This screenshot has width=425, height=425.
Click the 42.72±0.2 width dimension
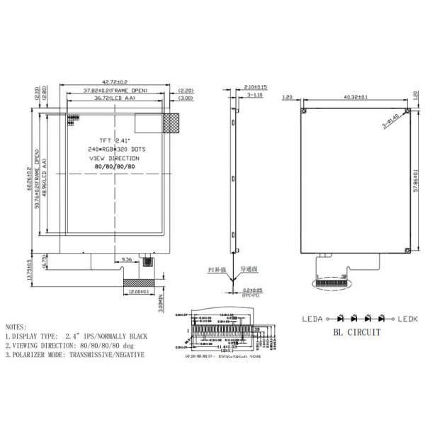116,83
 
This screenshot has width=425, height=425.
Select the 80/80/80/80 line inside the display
115,166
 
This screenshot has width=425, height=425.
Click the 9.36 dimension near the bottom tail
127,260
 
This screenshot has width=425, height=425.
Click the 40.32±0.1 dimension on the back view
355,98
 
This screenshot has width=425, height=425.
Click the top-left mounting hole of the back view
303,111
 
